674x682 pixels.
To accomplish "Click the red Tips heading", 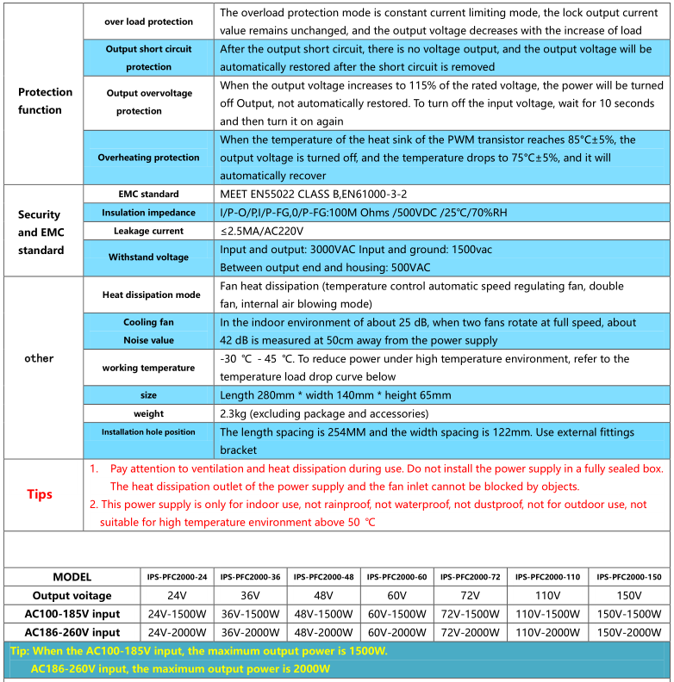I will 40,494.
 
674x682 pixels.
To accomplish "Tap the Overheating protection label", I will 148,158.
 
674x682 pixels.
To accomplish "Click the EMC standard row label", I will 148,194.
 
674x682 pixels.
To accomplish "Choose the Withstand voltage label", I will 148,257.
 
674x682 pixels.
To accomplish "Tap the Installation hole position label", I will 148,432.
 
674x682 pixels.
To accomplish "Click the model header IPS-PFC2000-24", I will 177,577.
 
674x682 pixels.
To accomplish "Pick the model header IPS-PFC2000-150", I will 629,577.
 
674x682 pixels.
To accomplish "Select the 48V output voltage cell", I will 323,595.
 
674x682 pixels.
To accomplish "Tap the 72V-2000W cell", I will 470,632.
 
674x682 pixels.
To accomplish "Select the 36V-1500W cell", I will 250,614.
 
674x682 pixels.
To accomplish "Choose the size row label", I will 148,395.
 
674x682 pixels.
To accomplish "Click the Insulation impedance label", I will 148,213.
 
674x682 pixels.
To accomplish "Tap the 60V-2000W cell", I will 396,632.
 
